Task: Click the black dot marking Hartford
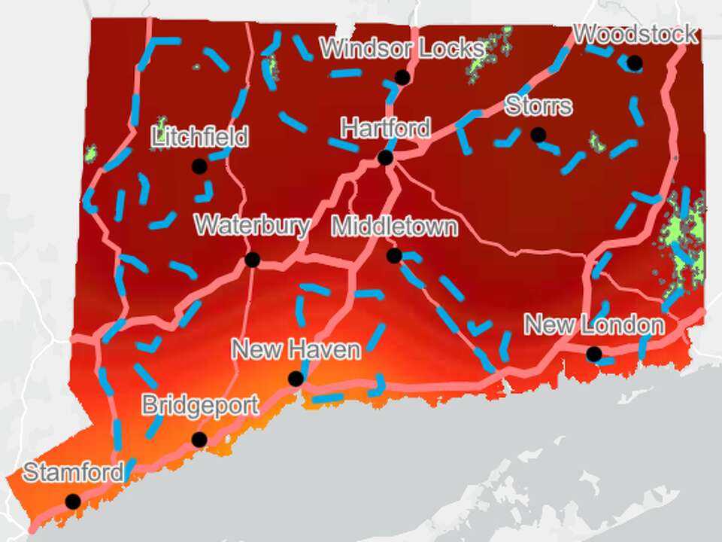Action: [x=386, y=157]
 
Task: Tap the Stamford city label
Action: [x=73, y=473]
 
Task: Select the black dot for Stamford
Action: [x=73, y=501]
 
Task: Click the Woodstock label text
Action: [x=636, y=35]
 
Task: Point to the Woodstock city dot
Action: [x=635, y=62]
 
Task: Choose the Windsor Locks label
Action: [x=402, y=49]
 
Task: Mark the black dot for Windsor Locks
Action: [x=402, y=77]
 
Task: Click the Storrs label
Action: [x=538, y=105]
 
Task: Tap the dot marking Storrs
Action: [x=538, y=135]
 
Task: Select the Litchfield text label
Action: [x=199, y=138]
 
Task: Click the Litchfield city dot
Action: [x=199, y=166]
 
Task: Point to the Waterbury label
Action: [x=252, y=226]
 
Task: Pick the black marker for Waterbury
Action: [x=252, y=260]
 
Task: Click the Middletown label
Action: [x=394, y=226]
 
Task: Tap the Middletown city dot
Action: [x=394, y=256]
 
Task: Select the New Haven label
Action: [x=296, y=350]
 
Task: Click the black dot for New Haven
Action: [x=296, y=378]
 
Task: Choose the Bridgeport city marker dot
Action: [x=199, y=440]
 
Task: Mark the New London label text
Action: [x=594, y=325]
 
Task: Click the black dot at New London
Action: [x=594, y=354]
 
